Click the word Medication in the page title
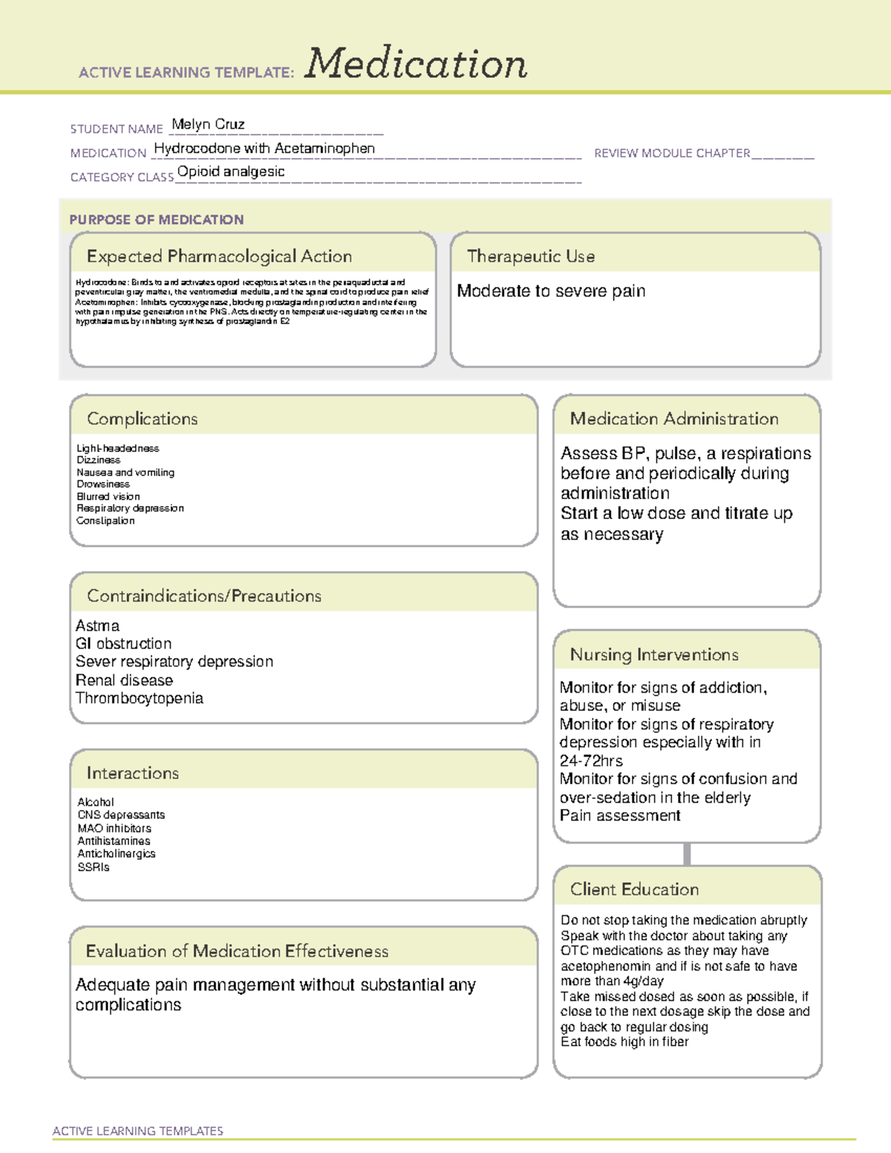click(416, 64)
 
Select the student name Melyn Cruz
click(208, 125)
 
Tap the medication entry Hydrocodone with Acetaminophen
click(264, 148)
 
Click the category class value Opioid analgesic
click(231, 172)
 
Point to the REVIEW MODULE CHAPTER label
click(672, 154)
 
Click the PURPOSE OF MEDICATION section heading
click(157, 220)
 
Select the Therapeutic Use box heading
click(531, 257)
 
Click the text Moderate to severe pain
click(551, 291)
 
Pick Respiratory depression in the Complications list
click(130, 509)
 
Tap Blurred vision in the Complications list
click(108, 497)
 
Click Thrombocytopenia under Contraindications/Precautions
click(140, 699)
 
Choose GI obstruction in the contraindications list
click(123, 644)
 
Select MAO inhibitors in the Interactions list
click(114, 829)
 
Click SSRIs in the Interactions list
click(94, 867)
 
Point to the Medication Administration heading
click(674, 419)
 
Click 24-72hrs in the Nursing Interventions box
click(591, 761)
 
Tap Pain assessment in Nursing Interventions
click(620, 816)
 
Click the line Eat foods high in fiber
click(624, 1042)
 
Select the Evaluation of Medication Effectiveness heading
click(237, 952)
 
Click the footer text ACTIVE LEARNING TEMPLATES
click(138, 1131)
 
